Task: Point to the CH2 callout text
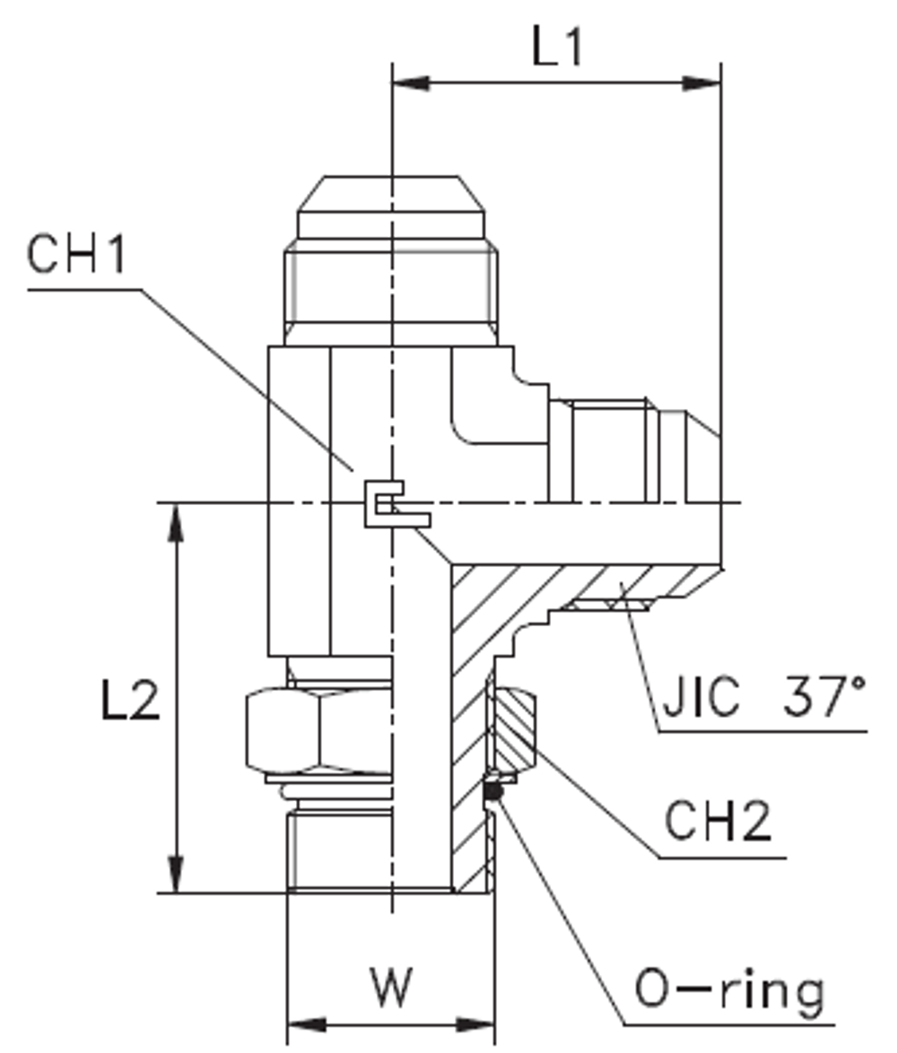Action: (717, 821)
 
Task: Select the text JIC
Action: (702, 696)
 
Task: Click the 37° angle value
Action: (823, 696)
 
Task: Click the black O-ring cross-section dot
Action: (492, 791)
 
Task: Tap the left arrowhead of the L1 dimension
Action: (411, 83)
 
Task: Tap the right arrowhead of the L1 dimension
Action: (702, 83)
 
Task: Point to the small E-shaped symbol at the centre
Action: (392, 504)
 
